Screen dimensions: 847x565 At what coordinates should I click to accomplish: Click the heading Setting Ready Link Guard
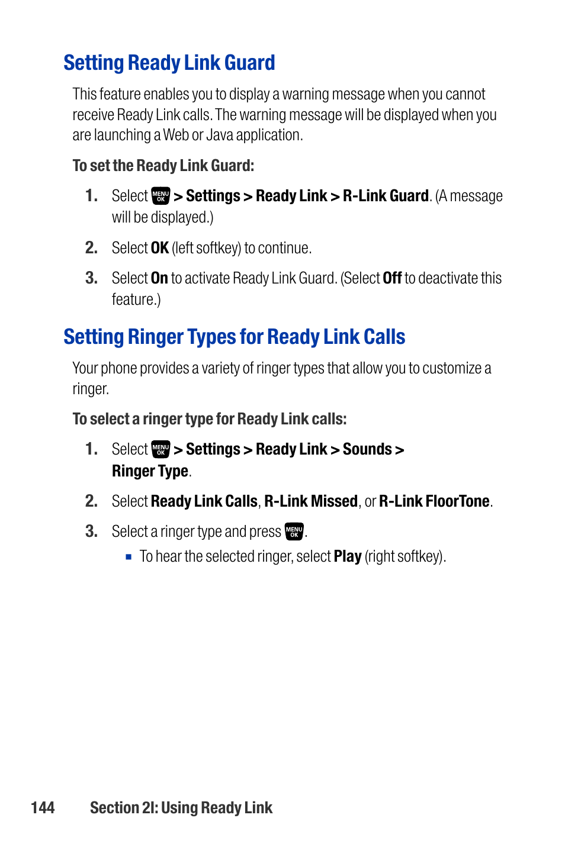point(169,63)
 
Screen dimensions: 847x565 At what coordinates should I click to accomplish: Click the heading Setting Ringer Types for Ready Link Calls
point(234,337)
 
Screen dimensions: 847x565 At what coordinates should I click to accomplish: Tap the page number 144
point(43,808)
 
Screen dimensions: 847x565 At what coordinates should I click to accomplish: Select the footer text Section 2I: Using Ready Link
point(181,808)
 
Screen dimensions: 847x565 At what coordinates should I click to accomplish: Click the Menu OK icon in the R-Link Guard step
point(160,196)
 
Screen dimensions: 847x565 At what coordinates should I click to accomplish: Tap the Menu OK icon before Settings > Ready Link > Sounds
point(160,449)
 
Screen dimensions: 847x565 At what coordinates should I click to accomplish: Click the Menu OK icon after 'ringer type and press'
point(294,532)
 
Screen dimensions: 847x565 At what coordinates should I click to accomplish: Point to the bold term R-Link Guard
point(386,196)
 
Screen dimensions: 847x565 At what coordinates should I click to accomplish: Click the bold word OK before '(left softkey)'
point(160,248)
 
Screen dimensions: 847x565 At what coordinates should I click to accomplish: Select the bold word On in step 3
point(159,278)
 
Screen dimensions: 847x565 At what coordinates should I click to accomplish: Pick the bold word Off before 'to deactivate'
point(392,278)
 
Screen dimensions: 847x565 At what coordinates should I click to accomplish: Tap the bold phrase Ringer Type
point(150,471)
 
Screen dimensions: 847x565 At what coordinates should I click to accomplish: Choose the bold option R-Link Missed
point(311,501)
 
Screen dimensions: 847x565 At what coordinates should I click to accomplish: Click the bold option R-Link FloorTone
point(434,501)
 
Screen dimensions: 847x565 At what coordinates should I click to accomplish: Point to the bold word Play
point(348,556)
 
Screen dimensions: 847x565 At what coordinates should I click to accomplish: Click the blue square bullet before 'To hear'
point(129,557)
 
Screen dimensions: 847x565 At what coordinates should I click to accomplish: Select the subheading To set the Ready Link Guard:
point(163,166)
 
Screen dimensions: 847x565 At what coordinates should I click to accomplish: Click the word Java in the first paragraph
point(220,135)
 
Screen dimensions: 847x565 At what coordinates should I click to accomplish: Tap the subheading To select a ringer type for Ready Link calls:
point(210,419)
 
